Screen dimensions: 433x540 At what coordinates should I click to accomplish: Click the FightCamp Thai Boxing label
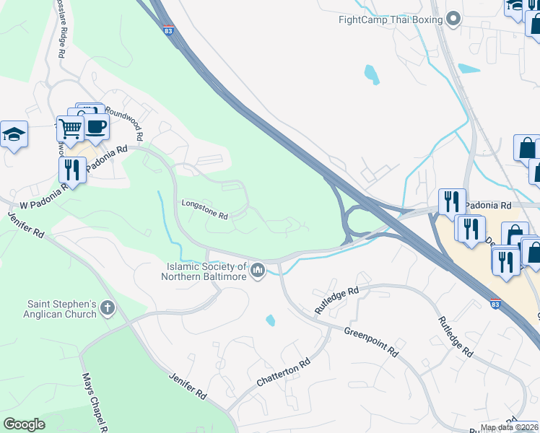coord(390,19)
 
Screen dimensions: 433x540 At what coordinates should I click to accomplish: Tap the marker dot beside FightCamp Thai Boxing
coord(453,19)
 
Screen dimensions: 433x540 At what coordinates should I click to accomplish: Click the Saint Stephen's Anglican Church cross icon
coord(108,309)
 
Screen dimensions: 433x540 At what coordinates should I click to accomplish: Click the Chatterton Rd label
coord(282,370)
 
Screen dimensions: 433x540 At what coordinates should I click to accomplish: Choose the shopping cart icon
coord(71,129)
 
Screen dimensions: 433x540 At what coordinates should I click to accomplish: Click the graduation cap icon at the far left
coord(14,134)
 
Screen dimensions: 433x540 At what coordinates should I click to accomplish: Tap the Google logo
coord(24,424)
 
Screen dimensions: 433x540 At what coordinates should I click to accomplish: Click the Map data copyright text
coord(510,427)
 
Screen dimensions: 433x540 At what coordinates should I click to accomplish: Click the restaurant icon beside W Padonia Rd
coord(71,170)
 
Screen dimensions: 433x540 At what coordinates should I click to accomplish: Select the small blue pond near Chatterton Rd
coord(270,320)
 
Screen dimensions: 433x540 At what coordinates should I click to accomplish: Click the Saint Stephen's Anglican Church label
coord(61,309)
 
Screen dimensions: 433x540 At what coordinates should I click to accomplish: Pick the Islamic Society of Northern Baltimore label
coord(204,271)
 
